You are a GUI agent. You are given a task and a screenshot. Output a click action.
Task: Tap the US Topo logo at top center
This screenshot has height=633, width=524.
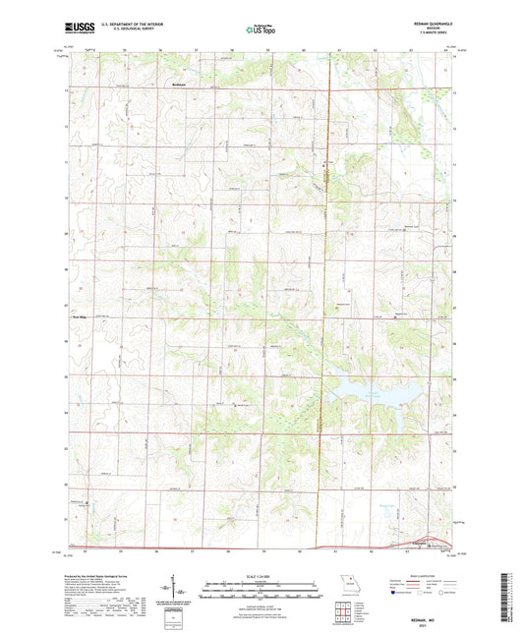pos(260,29)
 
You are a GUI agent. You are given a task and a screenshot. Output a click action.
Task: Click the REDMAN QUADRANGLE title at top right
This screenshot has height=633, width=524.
pos(427,22)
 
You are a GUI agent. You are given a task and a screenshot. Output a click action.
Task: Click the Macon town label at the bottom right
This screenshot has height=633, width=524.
pos(421,543)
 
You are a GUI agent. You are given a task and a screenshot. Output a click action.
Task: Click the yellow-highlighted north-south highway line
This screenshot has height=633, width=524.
pos(325,295)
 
